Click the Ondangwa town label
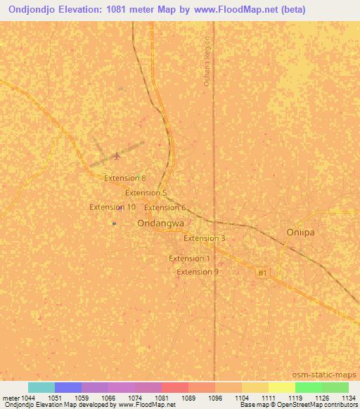click(160, 223)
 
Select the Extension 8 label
click(124, 178)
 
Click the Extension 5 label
click(146, 193)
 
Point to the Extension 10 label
click(112, 207)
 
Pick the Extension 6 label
click(165, 207)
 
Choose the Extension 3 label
click(204, 238)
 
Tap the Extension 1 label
click(189, 259)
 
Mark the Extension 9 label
click(197, 272)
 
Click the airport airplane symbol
click(116, 155)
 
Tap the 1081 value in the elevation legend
click(162, 397)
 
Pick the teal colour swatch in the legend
click(41, 387)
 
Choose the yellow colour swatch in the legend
click(281, 387)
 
